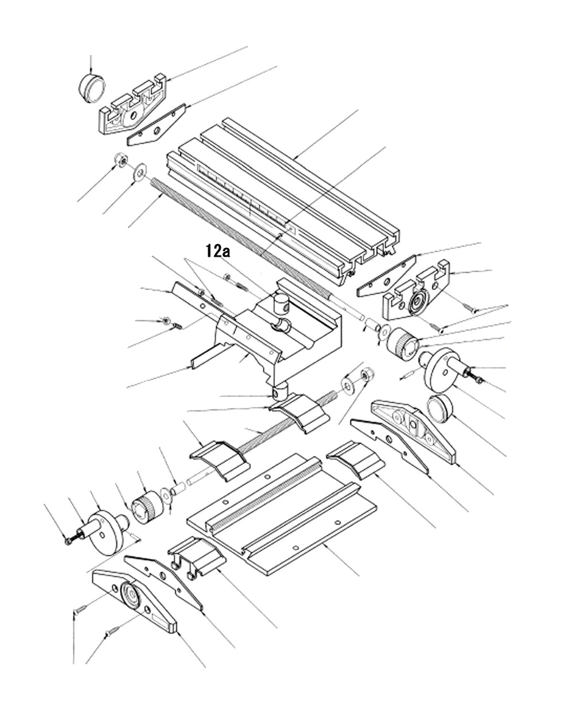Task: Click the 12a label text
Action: (x=217, y=251)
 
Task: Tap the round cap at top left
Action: (x=92, y=87)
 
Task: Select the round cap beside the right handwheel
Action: (x=441, y=410)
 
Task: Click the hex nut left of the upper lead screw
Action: (x=121, y=161)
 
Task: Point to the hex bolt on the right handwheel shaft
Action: (x=479, y=377)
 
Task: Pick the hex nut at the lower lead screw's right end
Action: (x=365, y=376)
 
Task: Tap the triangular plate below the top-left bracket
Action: (x=155, y=126)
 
